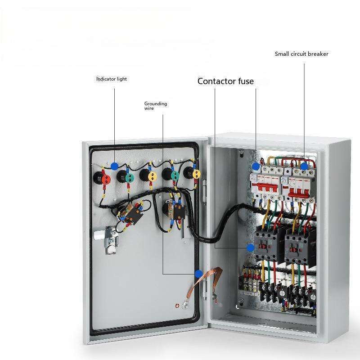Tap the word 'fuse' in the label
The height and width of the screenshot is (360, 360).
click(x=246, y=81)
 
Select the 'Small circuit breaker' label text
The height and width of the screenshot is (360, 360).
click(x=301, y=54)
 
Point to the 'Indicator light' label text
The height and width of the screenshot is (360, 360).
click(x=112, y=79)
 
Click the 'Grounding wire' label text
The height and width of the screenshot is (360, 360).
click(x=155, y=106)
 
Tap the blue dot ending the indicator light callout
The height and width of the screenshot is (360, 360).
click(x=114, y=166)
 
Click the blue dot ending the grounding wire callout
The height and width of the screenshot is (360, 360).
click(x=198, y=273)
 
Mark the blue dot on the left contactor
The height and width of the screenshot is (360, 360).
click(x=250, y=247)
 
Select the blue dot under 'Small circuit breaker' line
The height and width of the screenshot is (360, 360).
click(x=304, y=166)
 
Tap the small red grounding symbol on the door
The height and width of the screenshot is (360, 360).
click(x=177, y=306)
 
